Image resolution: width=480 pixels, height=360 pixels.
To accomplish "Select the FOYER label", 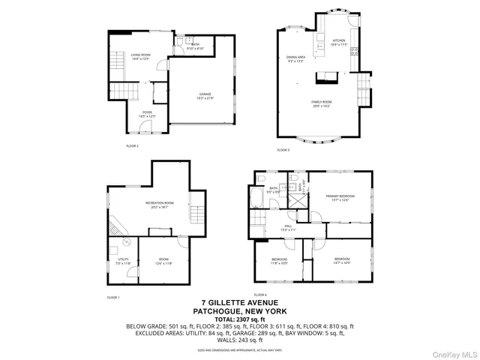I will (x=146, y=114).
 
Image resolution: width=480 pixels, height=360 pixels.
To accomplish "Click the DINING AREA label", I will (x=295, y=59).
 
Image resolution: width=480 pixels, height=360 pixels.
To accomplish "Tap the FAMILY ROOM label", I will (x=323, y=104).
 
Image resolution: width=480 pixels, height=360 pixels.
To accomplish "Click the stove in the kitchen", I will (x=353, y=52).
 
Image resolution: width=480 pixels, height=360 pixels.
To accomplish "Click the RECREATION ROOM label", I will (x=160, y=205).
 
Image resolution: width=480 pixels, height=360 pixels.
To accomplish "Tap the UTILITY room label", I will (x=123, y=261).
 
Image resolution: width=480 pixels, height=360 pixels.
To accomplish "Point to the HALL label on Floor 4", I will (x=289, y=227).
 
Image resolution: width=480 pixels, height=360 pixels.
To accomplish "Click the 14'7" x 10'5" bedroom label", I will (x=342, y=260).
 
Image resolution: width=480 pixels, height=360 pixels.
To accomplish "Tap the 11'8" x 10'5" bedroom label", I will (x=279, y=261).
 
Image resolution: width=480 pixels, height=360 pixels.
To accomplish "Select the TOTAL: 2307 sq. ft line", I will (x=239, y=319).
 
